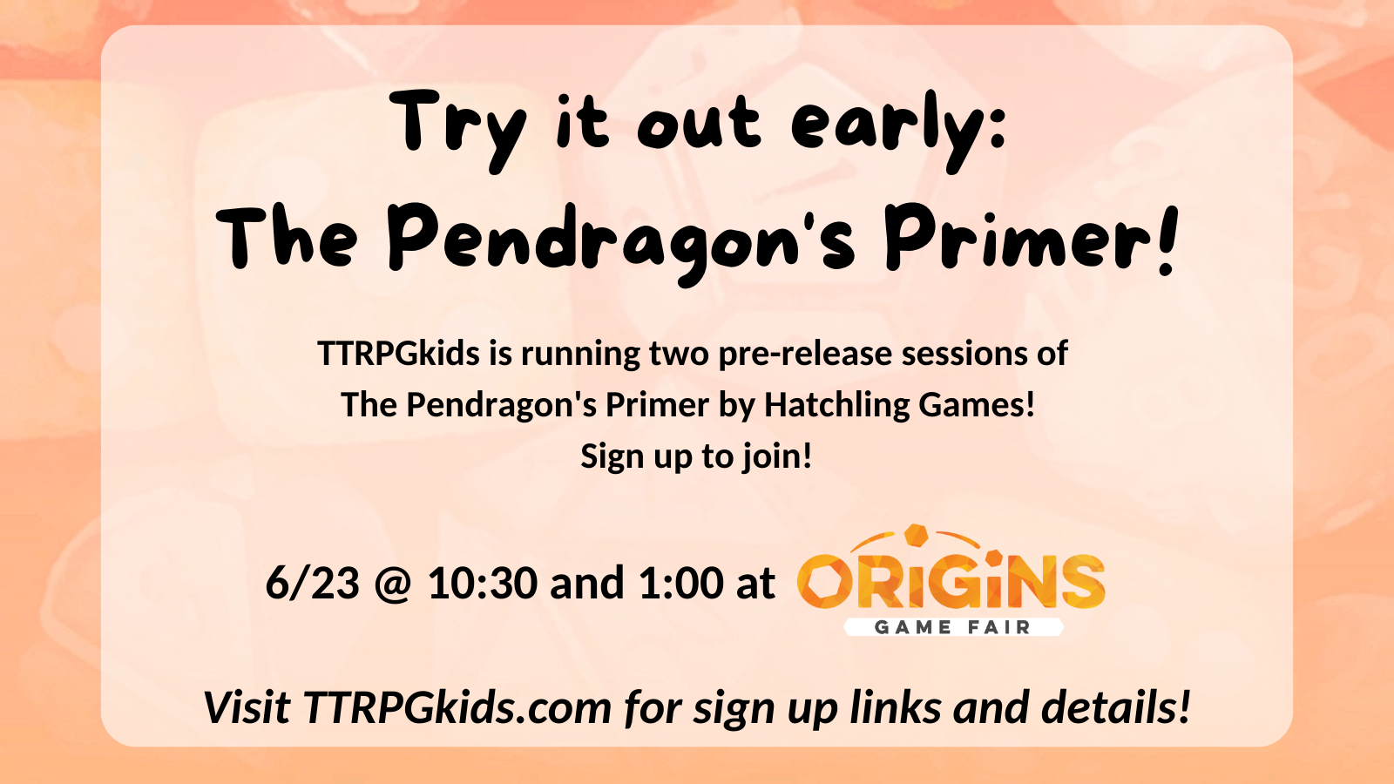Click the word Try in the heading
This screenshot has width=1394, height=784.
tap(459, 126)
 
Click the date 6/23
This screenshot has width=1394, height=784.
tap(313, 583)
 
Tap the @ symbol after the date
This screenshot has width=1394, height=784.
tap(393, 584)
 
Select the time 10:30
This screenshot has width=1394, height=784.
tap(482, 583)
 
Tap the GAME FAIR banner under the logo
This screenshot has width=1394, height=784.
tap(952, 627)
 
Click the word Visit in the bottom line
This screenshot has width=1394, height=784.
tap(246, 707)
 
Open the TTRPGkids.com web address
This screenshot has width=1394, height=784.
tap(457, 707)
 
